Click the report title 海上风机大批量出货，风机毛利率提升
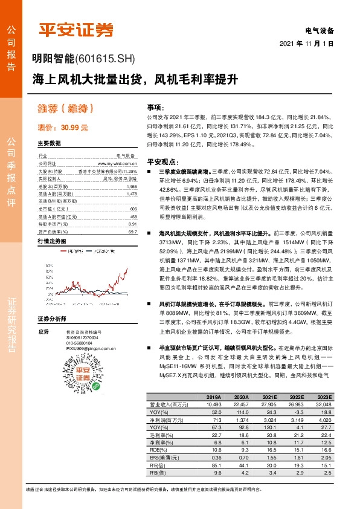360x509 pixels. pyautogui.click(x=136, y=79)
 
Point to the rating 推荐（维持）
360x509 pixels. pyautogui.click(x=68, y=109)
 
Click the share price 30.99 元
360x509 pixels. pyautogui.click(x=63, y=128)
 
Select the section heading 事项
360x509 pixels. pyautogui.click(x=157, y=107)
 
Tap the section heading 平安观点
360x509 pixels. pyautogui.click(x=162, y=162)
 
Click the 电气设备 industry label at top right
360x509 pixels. pyautogui.click(x=320, y=30)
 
